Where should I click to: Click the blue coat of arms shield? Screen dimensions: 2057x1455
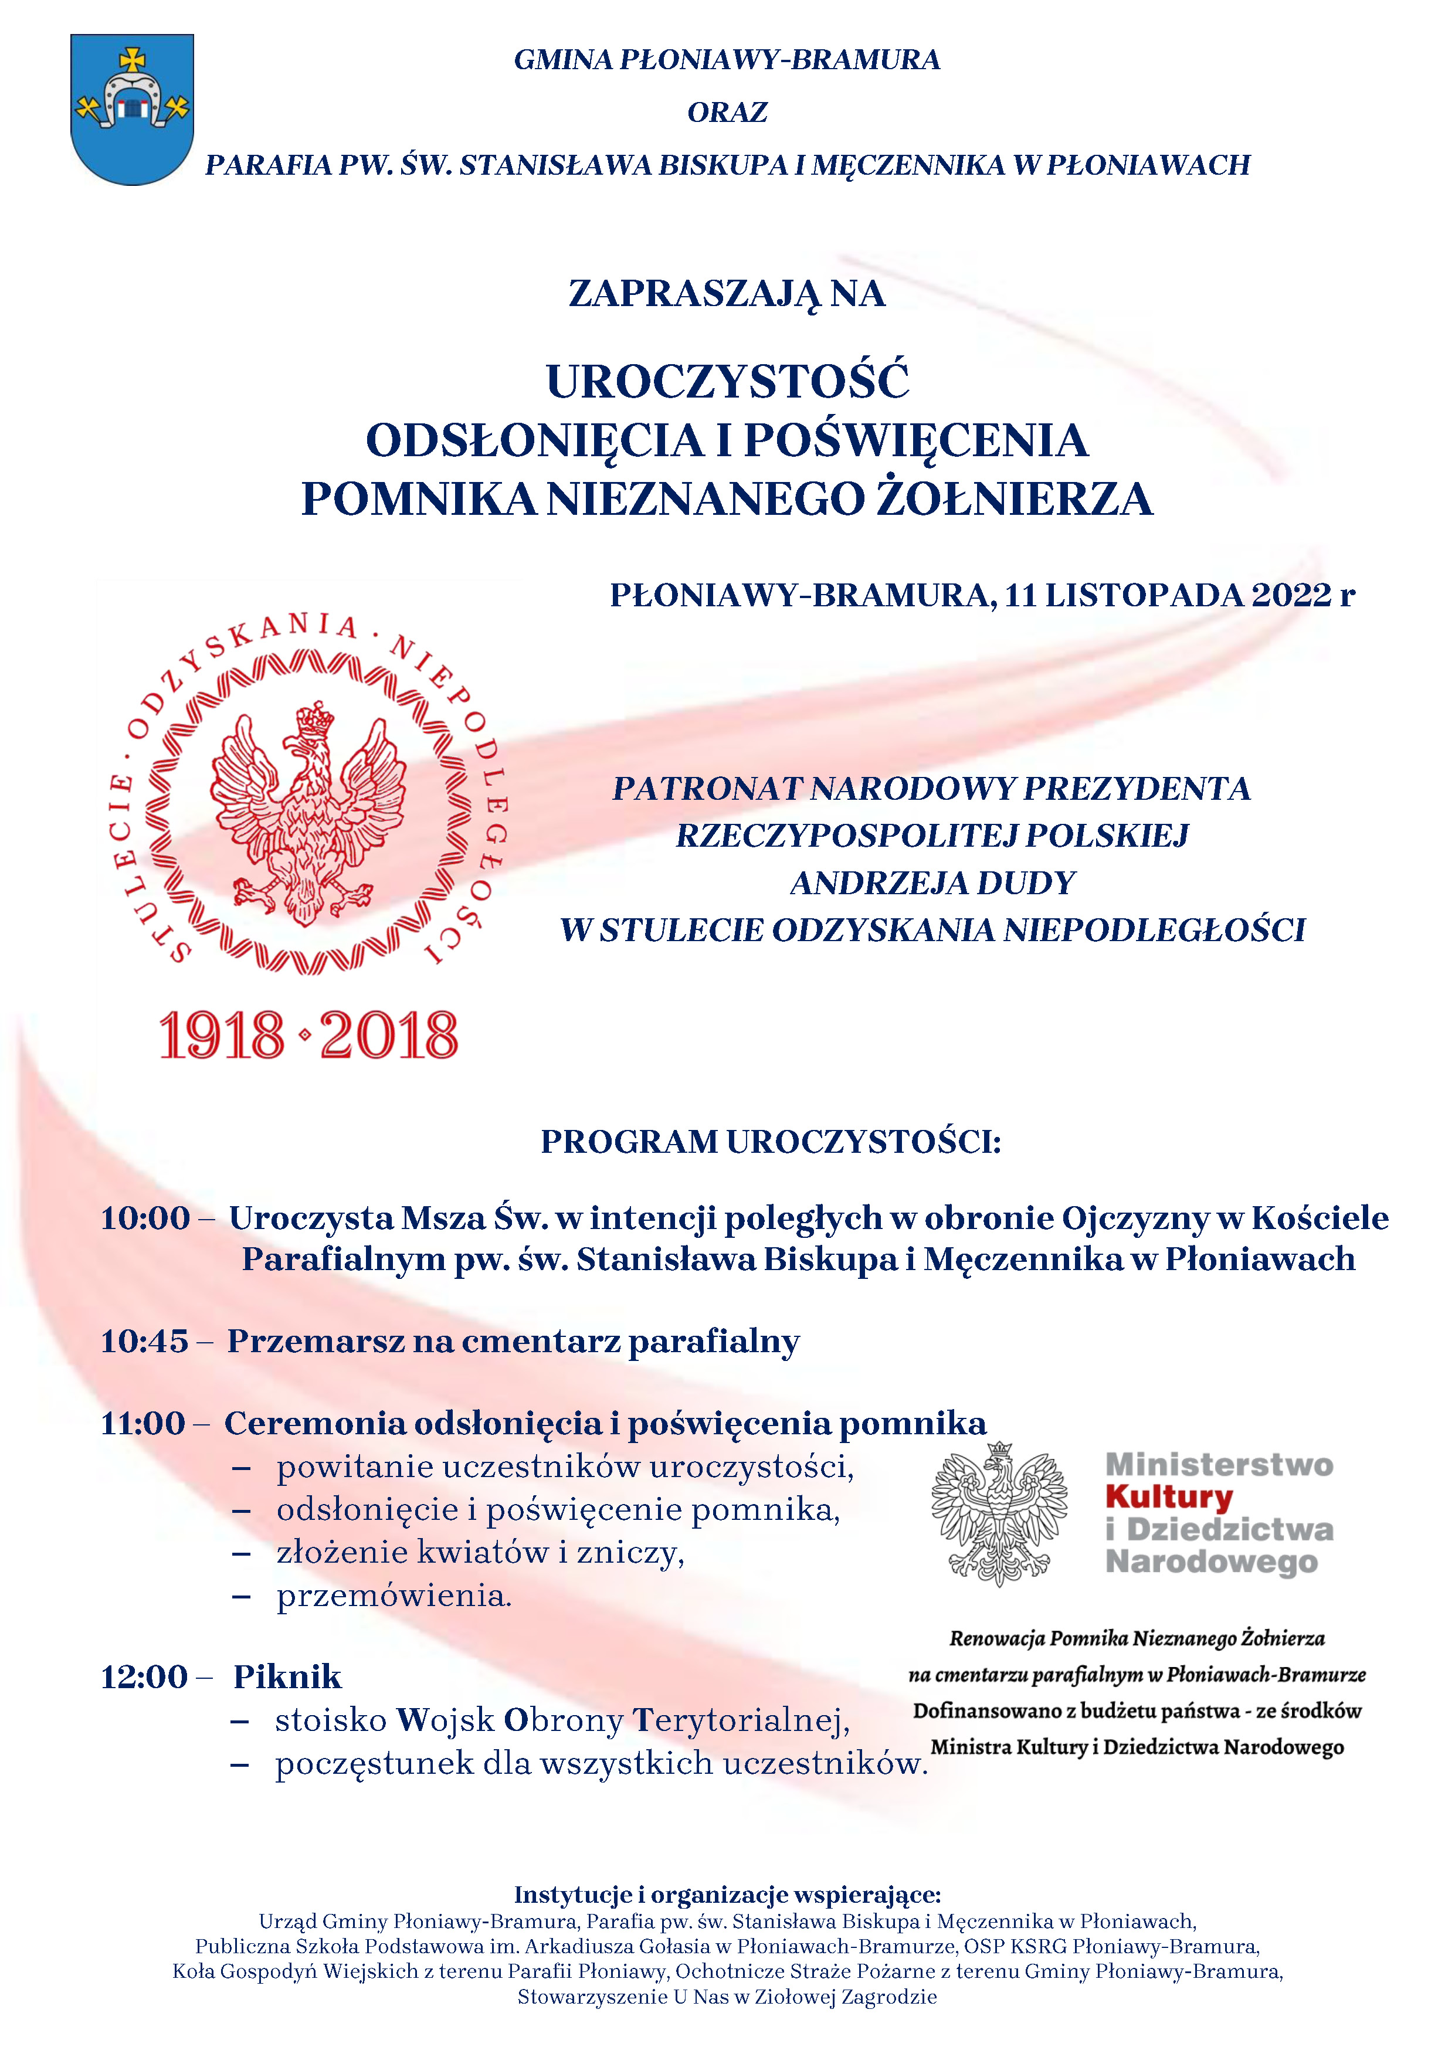tap(132, 134)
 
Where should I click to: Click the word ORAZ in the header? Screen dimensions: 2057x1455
tap(727, 113)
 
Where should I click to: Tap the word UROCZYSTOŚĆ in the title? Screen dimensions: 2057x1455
tap(727, 382)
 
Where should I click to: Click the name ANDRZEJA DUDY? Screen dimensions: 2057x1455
tap(932, 883)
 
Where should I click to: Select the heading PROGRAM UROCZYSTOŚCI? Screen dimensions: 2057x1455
tap(771, 1142)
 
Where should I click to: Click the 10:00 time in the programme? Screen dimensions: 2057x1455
tap(145, 1218)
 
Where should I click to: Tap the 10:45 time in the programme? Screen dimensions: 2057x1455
tap(144, 1341)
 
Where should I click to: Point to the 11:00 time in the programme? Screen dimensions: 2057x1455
tap(143, 1424)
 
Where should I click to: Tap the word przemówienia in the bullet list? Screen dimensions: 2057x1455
tap(394, 1596)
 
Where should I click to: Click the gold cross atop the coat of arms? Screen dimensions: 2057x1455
tap(133, 60)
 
